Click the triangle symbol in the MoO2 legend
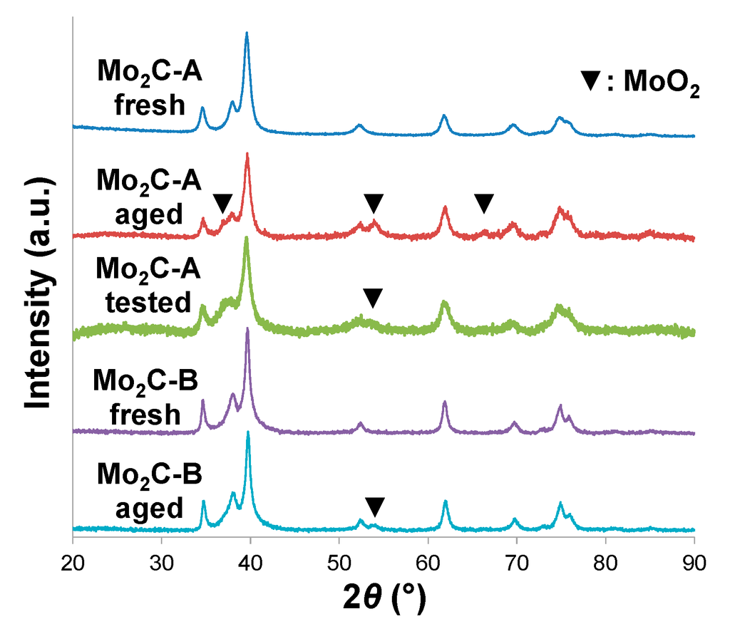[x=591, y=81]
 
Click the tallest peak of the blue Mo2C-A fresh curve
[x=247, y=33]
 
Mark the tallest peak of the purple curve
[x=247, y=329]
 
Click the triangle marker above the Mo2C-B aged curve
[x=374, y=507]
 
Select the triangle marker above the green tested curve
[x=372, y=298]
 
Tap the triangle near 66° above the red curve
[x=484, y=203]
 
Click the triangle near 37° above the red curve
[x=222, y=202]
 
